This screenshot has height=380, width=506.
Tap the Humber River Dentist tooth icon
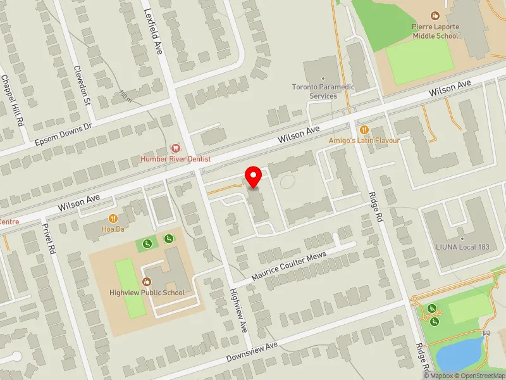176,147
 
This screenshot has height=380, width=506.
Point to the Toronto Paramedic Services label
323,91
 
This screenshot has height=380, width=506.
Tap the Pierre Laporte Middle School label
435,31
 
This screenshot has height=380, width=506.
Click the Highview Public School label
147,293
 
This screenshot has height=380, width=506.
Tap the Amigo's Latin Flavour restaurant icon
364,129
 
